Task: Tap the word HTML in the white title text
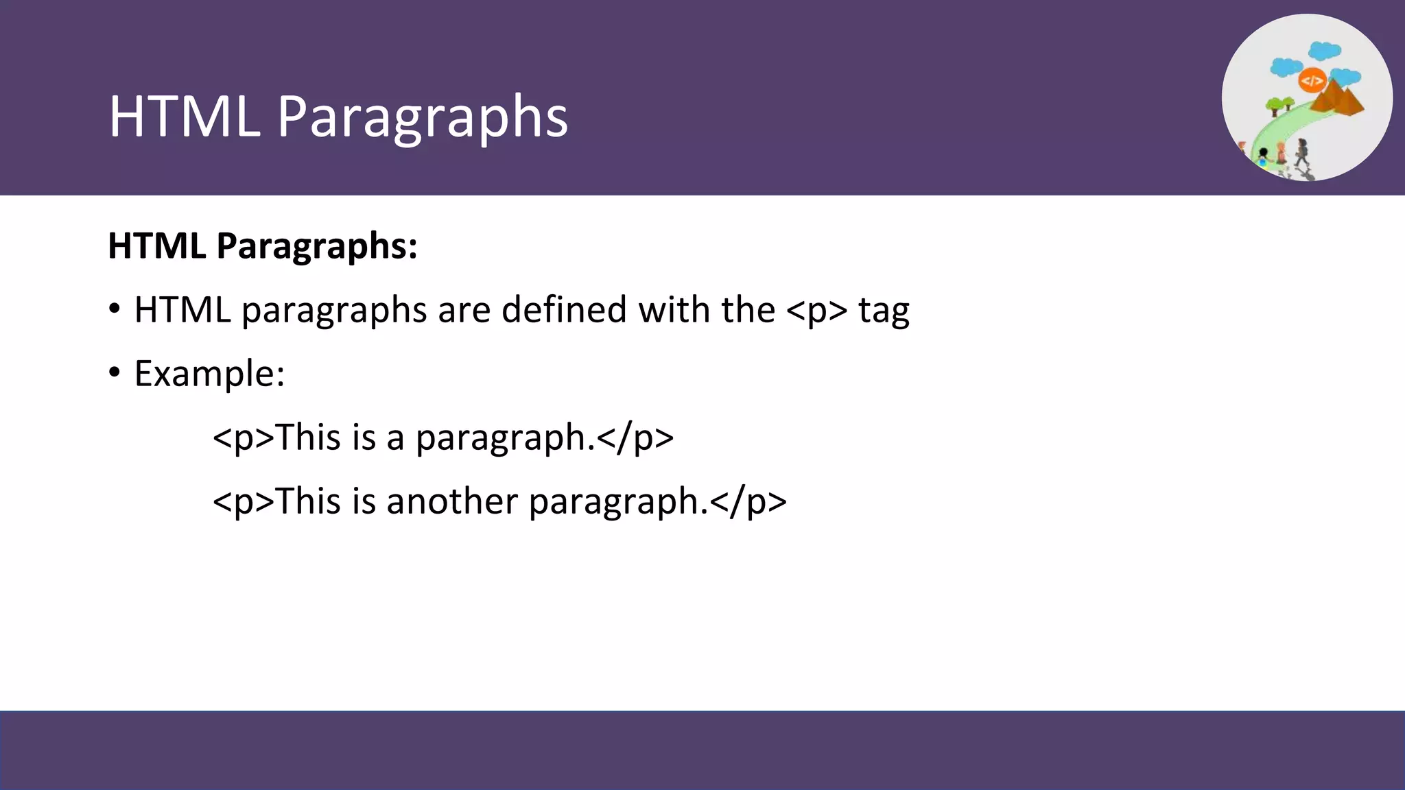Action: tap(184, 117)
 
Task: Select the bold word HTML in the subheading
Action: tap(156, 246)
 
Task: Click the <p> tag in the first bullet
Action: tap(816, 310)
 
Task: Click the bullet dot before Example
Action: tap(115, 372)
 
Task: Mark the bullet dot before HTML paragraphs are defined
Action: tap(115, 309)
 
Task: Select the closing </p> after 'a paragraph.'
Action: tap(635, 438)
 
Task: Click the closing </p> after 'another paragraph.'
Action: tap(748, 501)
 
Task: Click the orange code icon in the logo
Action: tap(1312, 81)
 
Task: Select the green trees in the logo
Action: tap(1278, 105)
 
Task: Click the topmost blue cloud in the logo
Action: tap(1324, 51)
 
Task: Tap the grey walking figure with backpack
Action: tap(1301, 152)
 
